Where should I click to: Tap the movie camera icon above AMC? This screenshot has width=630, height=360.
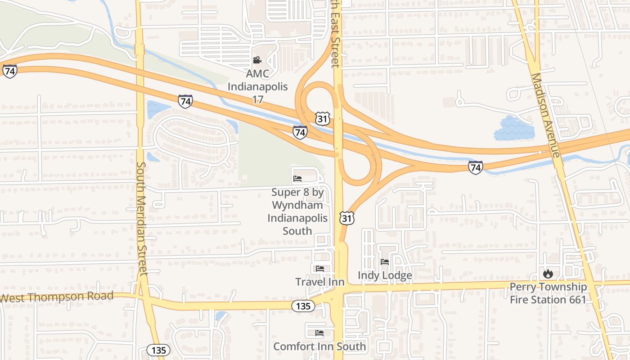point(257,60)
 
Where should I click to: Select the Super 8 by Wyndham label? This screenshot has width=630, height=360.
point(297,211)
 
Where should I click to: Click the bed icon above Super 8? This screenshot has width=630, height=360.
point(297,179)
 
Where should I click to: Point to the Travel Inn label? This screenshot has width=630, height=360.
point(319,282)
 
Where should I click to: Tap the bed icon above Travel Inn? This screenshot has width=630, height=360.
point(319,269)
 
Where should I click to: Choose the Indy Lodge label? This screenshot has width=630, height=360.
point(385,275)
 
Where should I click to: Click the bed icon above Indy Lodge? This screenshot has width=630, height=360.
point(385,261)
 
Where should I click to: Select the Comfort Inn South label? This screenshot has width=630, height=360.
point(319,346)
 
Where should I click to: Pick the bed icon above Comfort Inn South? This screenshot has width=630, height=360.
point(319,333)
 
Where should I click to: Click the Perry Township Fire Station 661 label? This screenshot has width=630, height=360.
point(548,293)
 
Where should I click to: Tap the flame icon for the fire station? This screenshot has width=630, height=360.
point(548,273)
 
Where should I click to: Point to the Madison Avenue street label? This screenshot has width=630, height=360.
point(545,115)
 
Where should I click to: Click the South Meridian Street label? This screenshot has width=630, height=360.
point(142,219)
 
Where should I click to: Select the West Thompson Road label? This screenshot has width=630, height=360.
point(57,297)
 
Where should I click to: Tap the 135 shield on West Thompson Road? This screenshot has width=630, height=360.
point(303,306)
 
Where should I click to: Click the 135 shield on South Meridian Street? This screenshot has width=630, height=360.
point(158,350)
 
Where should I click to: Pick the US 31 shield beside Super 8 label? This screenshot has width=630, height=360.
point(347,218)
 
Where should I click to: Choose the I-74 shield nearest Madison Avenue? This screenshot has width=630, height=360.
point(475,167)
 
